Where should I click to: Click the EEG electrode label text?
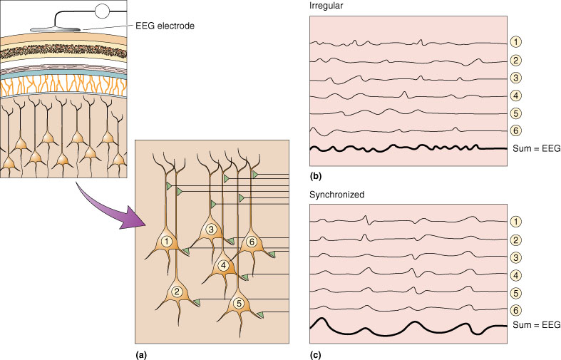click(x=165, y=26)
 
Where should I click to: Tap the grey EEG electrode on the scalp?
click(x=55, y=29)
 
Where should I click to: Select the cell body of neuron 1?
click(x=166, y=243)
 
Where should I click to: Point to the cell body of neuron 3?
click(x=211, y=230)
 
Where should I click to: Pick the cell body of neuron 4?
click(x=223, y=266)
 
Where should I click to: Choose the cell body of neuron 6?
click(x=252, y=242)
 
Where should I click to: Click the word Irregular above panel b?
click(x=326, y=6)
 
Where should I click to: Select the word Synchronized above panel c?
click(x=336, y=195)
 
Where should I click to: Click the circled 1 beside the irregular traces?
click(x=515, y=42)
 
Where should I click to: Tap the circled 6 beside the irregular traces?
click(x=515, y=130)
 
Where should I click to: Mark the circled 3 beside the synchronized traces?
click(x=515, y=257)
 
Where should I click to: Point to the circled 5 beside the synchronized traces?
click(x=515, y=294)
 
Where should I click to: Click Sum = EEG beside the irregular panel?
click(x=536, y=148)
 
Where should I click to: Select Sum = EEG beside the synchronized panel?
click(x=536, y=325)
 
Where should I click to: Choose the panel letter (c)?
click(x=315, y=354)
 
